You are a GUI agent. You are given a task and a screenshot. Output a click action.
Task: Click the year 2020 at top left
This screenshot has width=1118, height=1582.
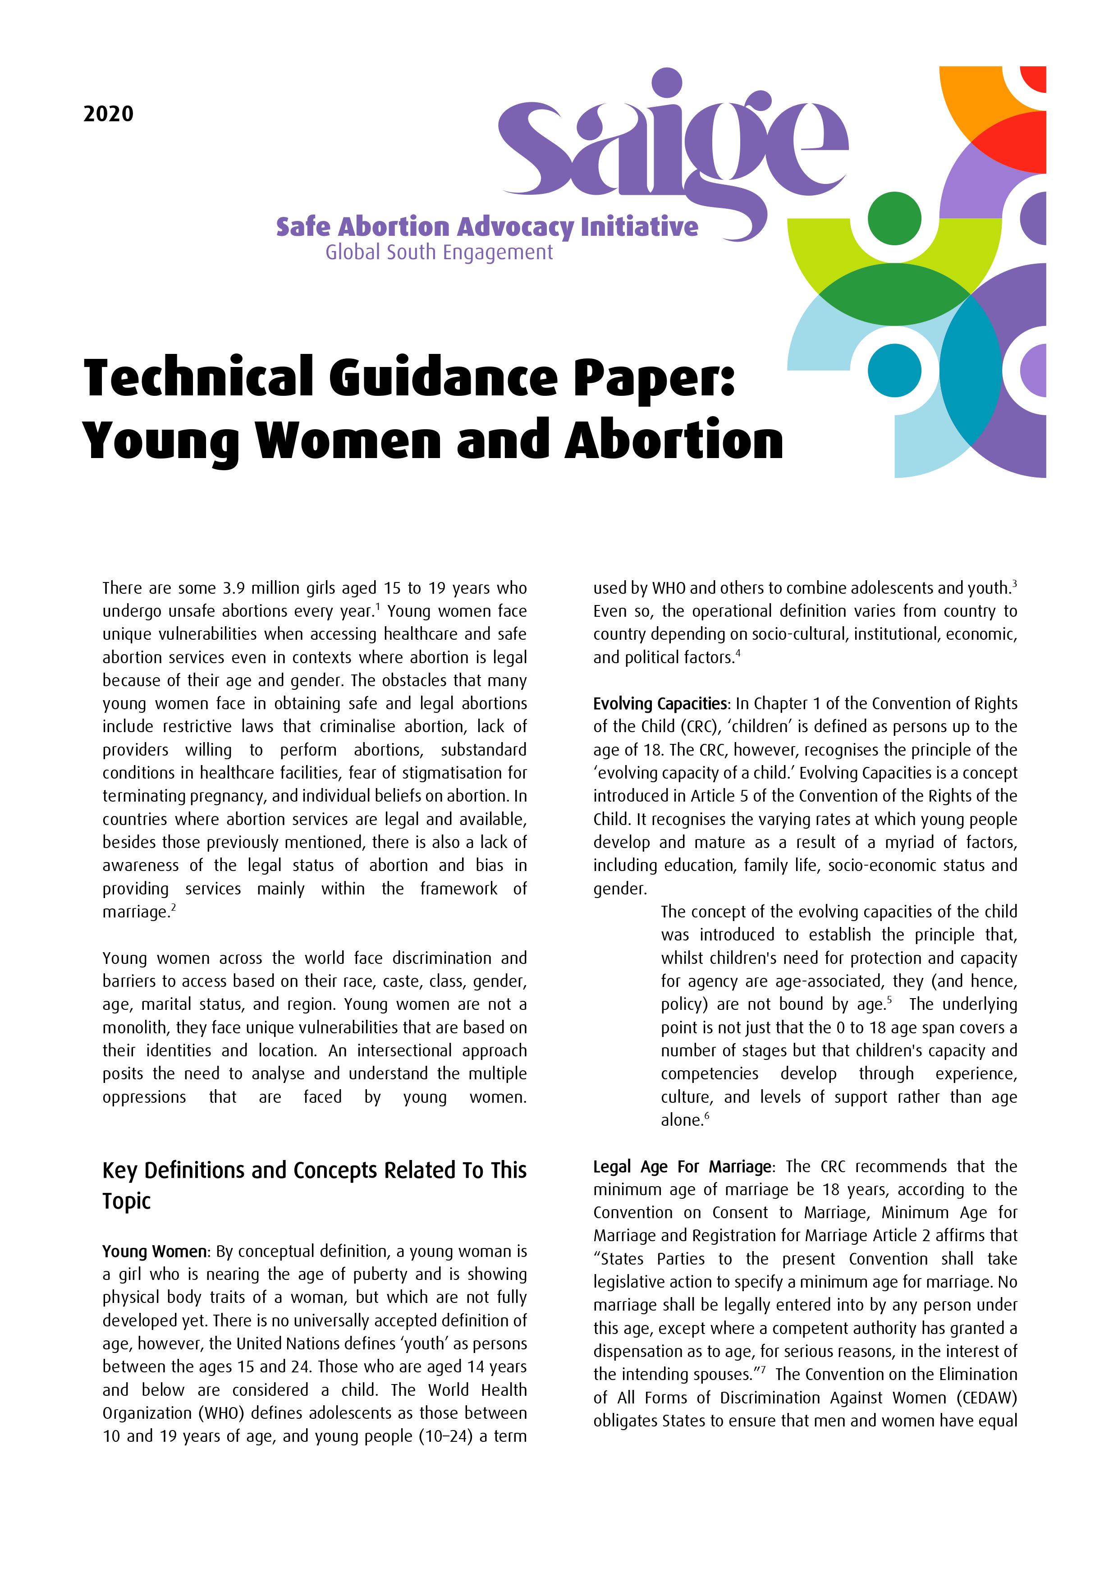108,114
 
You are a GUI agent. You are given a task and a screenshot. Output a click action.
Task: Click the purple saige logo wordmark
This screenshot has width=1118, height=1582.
672,148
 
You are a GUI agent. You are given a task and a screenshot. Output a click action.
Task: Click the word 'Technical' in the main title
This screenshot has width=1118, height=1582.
198,378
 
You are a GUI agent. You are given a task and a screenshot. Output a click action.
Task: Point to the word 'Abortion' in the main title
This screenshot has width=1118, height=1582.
674,440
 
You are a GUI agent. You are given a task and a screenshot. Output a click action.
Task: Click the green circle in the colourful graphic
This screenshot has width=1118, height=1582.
894,218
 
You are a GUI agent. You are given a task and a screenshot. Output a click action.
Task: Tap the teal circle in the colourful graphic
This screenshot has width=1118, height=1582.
894,370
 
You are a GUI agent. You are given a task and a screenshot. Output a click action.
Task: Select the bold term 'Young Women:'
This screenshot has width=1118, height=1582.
154,1251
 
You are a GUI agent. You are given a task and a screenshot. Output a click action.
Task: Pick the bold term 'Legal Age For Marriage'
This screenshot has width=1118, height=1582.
682,1166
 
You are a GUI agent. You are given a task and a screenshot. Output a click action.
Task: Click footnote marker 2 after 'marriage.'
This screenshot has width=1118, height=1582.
174,908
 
